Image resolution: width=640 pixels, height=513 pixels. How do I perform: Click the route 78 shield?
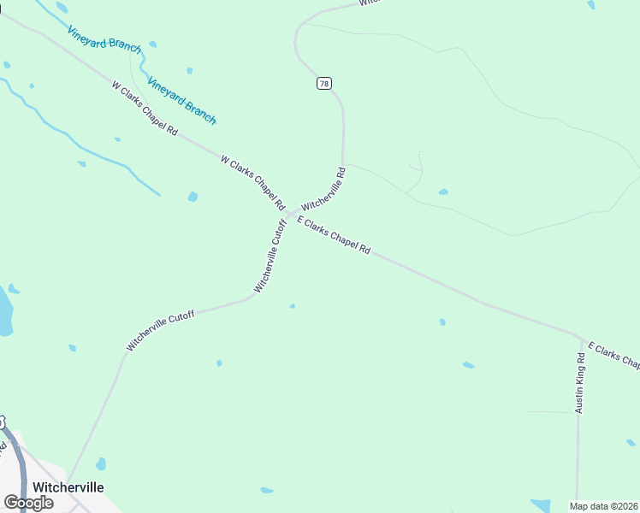pos(323,83)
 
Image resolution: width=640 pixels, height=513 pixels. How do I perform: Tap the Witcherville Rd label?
pos(323,189)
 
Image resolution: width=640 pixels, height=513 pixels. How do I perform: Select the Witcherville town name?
pos(68,486)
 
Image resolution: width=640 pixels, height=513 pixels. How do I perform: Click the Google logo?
pos(28,502)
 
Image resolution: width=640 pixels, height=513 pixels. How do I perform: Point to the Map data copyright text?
pos(604,506)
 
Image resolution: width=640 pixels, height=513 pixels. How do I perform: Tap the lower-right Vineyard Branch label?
pos(181,100)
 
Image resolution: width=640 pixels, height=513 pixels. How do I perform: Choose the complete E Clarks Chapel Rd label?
pos(334,235)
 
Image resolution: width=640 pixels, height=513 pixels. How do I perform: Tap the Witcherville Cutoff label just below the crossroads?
pos(270,256)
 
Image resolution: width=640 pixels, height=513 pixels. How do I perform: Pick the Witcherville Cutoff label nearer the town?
pos(161,331)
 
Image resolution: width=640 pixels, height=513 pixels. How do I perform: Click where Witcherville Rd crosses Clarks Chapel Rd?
pos(289,214)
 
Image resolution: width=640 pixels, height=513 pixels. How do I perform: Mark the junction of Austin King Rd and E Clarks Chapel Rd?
pos(581,338)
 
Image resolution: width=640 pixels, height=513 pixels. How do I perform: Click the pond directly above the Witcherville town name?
pos(101,464)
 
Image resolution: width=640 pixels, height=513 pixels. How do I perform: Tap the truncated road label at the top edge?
pos(369,3)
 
